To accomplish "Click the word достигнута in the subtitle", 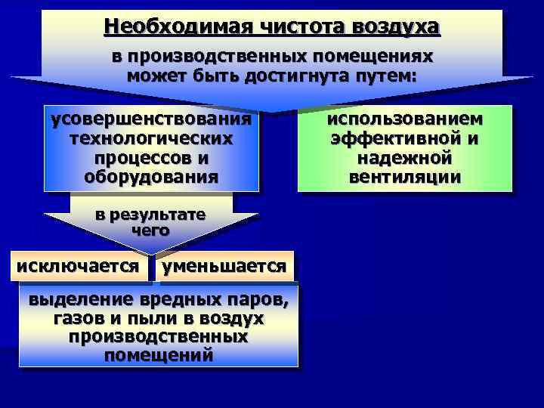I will point(289,76).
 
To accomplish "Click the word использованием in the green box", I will point(405,122).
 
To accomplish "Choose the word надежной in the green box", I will point(405,159).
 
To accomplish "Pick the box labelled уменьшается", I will point(224,266).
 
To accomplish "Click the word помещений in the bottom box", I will point(159,354).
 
